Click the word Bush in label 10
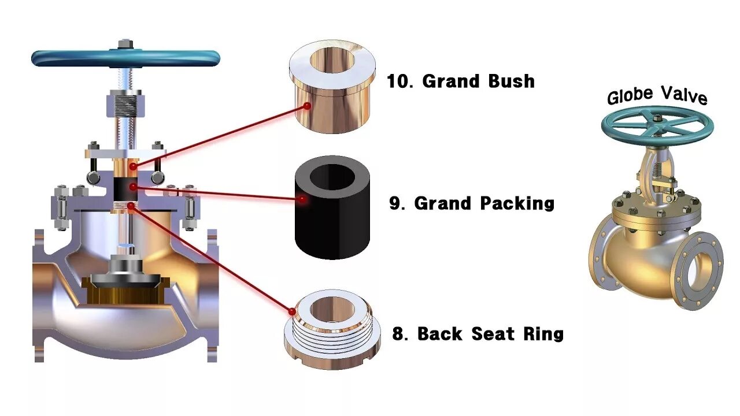click(x=511, y=81)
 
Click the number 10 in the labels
click(x=398, y=81)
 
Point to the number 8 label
click(x=398, y=334)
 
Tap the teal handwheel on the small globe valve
click(x=657, y=124)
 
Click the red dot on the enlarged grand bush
click(x=307, y=106)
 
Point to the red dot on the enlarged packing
click(x=302, y=200)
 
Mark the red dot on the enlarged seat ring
click(x=292, y=311)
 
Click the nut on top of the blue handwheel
click(x=125, y=44)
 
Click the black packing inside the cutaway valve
click(x=125, y=187)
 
